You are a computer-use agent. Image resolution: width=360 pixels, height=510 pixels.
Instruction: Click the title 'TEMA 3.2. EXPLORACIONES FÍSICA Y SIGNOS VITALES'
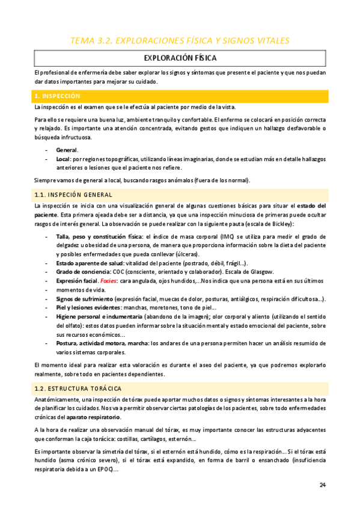pos(180,41)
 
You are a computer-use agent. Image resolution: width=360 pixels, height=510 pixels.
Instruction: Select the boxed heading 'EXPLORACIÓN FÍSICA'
pos(180,58)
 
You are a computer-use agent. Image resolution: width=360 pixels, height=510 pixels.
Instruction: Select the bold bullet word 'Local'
pos(63,159)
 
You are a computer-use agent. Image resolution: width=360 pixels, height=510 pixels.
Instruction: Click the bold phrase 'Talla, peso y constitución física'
pos(99,238)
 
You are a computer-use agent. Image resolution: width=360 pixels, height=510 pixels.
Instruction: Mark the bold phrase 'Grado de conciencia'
pos(82,272)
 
